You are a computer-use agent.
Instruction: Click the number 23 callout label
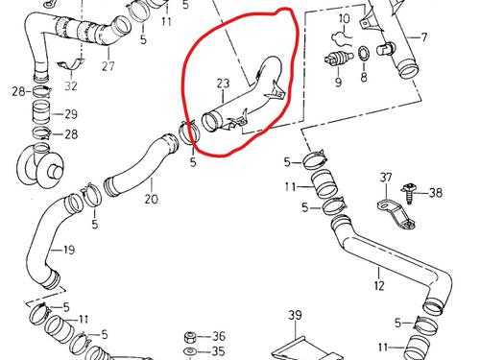pos(223,84)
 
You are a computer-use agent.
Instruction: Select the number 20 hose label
pos(152,199)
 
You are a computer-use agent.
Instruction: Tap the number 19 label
pos(69,250)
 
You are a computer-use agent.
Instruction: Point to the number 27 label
pos(108,66)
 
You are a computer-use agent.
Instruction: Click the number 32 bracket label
pos(71,85)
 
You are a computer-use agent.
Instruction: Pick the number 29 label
pos(71,114)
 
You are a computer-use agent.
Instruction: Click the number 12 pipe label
pos(379,285)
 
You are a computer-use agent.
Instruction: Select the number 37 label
pos(386,177)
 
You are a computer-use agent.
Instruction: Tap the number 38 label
pos(436,193)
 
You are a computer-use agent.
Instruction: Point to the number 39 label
pos(295,315)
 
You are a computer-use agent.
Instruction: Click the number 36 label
pos(219,336)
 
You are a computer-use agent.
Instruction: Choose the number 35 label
pos(218,351)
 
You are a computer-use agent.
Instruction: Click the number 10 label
pos(345,19)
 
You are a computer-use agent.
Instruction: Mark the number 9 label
pos(339,82)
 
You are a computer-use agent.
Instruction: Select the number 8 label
pos(364,77)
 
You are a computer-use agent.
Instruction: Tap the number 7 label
pos(424,37)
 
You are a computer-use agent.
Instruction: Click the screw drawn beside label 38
pos(408,193)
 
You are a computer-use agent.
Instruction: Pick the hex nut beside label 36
pos(190,337)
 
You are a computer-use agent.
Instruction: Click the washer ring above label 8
pos(363,55)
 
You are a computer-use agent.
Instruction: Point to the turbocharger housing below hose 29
pos(39,165)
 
